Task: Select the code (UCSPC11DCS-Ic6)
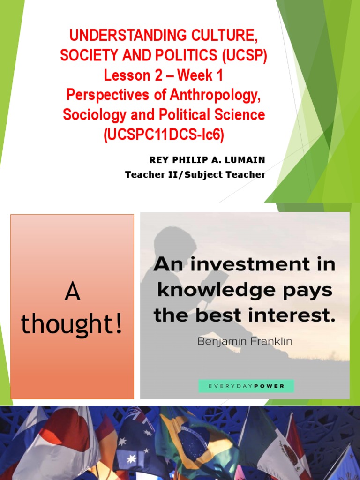[x=164, y=135]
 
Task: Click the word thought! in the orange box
[x=72, y=324]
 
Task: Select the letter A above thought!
[x=72, y=293]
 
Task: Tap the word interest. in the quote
[x=297, y=315]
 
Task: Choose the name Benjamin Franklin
[x=245, y=341]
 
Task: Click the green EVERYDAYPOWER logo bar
[x=246, y=386]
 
